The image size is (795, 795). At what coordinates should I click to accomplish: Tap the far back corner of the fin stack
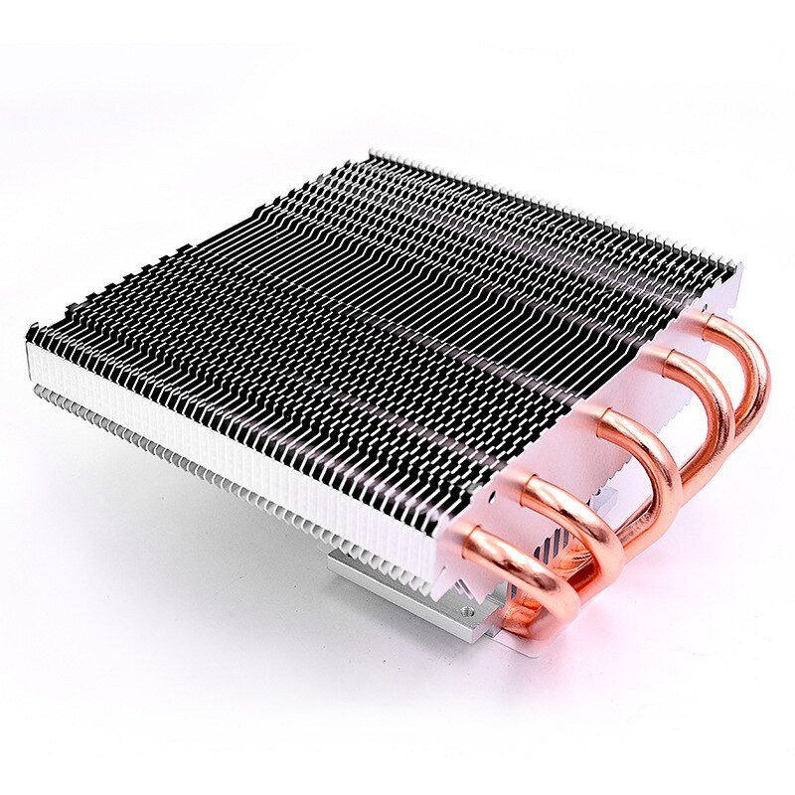[x=373, y=155]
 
